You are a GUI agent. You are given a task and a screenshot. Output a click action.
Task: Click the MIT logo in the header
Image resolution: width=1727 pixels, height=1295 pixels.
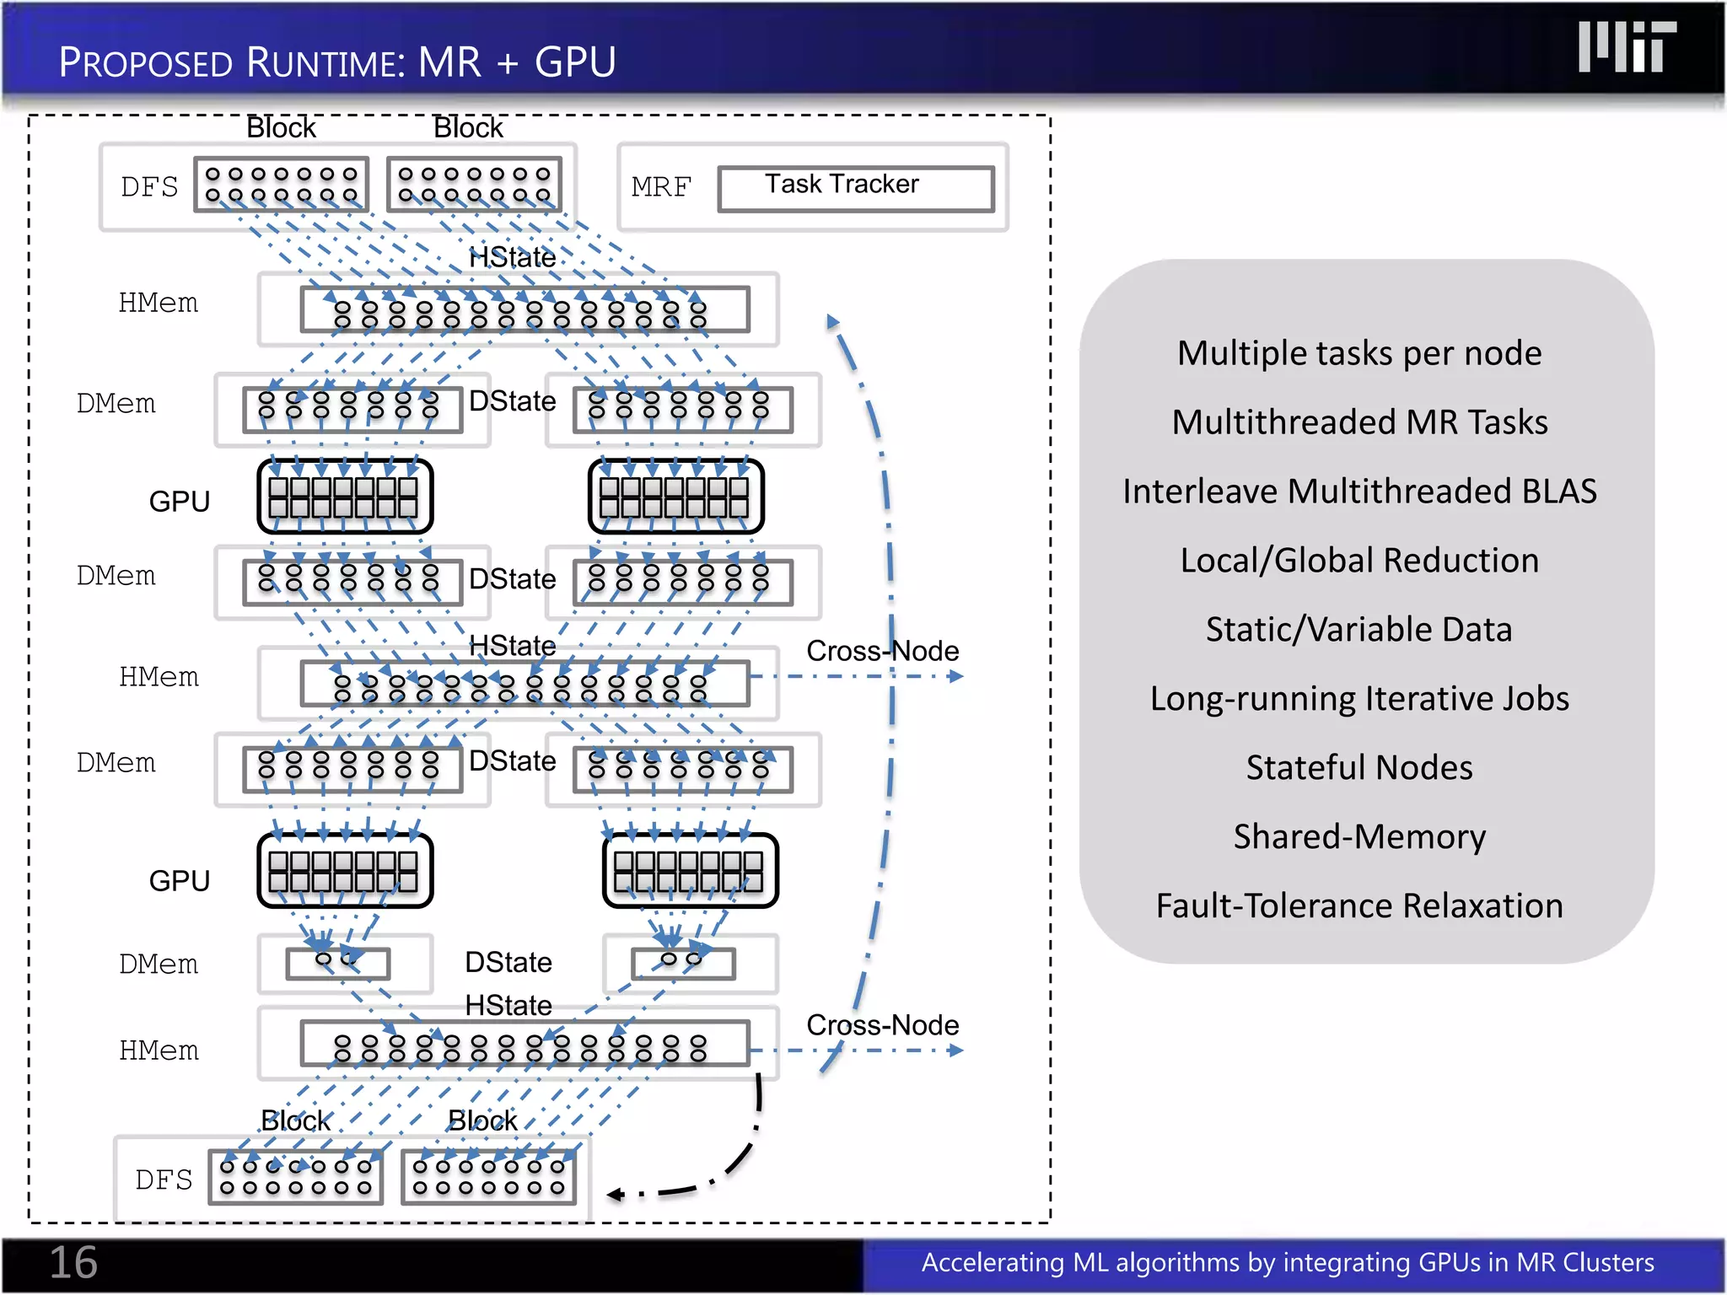(x=1626, y=48)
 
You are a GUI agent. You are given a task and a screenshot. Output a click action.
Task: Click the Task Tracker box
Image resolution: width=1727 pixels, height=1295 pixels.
(x=855, y=188)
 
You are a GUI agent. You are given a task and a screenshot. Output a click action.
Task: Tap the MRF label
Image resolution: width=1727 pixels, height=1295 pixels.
(x=661, y=187)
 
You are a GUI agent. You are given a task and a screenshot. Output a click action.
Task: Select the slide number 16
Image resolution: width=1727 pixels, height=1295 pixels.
(x=73, y=1262)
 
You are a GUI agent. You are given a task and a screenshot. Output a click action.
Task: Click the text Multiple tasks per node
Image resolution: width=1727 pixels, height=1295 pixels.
(x=1358, y=353)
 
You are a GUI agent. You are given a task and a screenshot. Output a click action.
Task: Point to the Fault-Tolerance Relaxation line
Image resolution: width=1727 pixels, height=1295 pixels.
(x=1358, y=906)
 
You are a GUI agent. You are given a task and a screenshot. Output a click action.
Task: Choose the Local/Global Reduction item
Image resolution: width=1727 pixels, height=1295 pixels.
(x=1358, y=561)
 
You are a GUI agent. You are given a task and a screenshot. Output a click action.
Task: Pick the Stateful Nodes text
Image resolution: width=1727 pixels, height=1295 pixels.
(x=1358, y=768)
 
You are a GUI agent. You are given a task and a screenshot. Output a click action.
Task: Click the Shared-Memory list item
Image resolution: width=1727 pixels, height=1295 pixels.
(x=1358, y=837)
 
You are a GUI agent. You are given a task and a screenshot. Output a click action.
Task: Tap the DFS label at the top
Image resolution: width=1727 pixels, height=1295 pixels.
(x=149, y=187)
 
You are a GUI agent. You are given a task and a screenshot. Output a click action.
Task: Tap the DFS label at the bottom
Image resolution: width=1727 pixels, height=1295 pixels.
(x=164, y=1180)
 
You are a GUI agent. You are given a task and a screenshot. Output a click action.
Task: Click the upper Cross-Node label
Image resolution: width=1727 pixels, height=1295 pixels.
(x=882, y=651)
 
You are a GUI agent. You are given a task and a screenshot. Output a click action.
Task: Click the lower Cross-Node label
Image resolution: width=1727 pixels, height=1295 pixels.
(x=882, y=1025)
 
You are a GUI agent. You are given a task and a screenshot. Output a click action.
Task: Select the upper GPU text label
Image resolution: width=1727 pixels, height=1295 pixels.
(x=179, y=502)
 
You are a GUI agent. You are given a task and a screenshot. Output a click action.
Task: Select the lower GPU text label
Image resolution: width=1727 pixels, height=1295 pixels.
(x=179, y=881)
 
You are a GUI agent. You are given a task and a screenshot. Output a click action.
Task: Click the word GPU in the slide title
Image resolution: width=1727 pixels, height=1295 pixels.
(x=575, y=63)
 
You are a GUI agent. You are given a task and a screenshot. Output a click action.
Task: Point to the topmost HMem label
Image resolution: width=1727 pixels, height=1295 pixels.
(x=159, y=303)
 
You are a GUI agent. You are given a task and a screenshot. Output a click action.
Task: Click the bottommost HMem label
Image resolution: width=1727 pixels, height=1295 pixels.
(x=159, y=1051)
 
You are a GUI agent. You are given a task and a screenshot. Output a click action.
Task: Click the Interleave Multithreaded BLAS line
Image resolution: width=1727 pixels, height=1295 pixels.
(x=1358, y=492)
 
